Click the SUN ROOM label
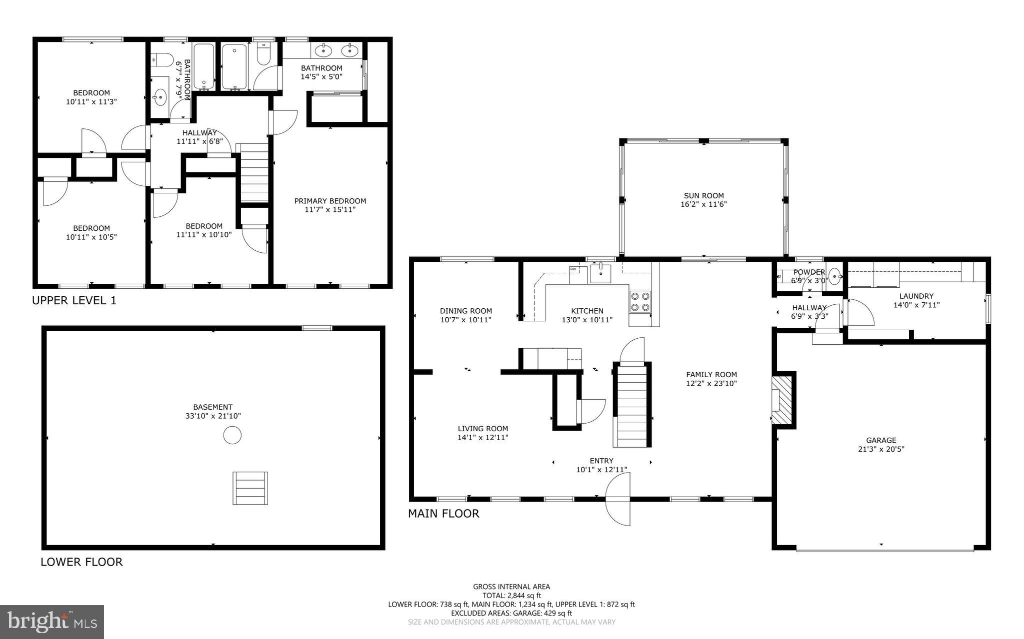point(703,196)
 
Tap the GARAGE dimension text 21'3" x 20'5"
point(881,449)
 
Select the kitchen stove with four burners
point(640,301)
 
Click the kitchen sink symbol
point(600,273)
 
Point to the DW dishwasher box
point(573,269)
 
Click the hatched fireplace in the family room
point(781,400)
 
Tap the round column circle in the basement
point(232,435)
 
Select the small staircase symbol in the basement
point(250,488)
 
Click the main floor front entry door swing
point(618,507)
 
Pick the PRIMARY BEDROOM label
point(330,201)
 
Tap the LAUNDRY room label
point(916,296)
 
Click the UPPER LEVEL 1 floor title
point(74,301)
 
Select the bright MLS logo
point(52,622)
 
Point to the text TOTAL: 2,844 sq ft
point(511,596)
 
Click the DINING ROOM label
point(465,311)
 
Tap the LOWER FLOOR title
point(81,562)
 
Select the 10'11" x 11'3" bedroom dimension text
point(91,101)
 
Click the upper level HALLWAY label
point(199,133)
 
